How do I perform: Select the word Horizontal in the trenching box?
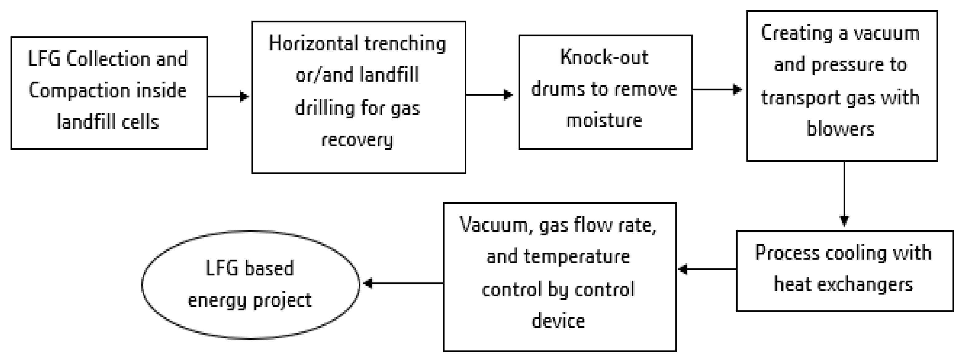pos(313,44)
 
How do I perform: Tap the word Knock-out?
pos(604,58)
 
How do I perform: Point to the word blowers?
pos(840,129)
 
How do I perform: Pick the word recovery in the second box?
pos(357,140)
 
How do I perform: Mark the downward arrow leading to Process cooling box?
pos(844,194)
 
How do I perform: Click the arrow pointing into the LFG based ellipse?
pos(403,283)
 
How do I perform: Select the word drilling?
pos(325,109)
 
